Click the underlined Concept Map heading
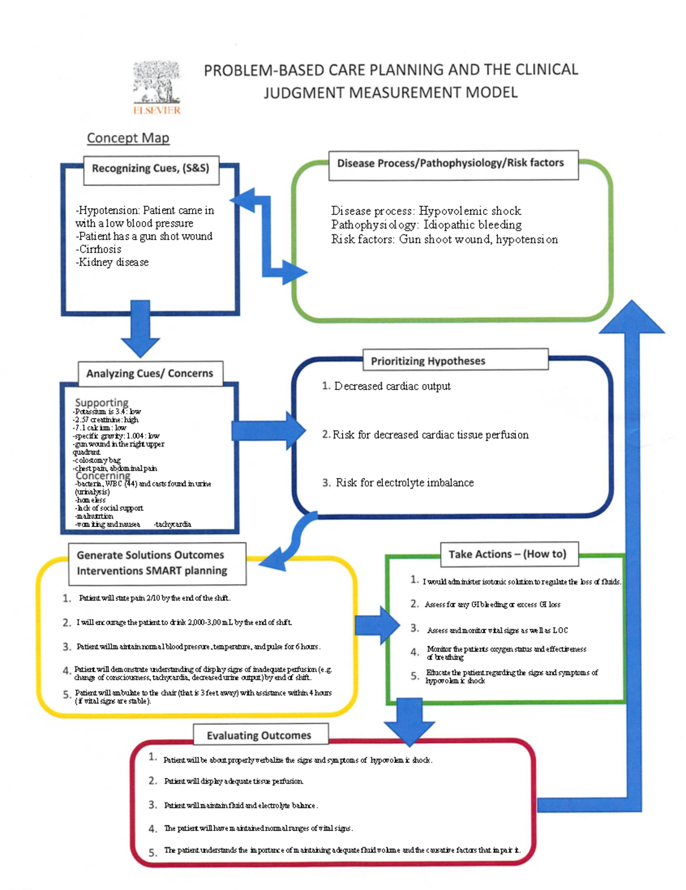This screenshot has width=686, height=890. [x=128, y=138]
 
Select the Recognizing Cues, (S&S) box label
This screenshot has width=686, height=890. [x=151, y=169]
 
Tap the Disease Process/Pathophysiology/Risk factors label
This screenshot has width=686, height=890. [x=450, y=163]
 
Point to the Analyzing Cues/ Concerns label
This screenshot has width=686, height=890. [x=150, y=373]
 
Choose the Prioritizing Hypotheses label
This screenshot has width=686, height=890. [x=428, y=361]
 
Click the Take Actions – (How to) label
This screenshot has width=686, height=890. [x=507, y=554]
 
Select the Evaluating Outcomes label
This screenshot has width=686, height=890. [x=259, y=735]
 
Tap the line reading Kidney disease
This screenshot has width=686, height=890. [x=113, y=262]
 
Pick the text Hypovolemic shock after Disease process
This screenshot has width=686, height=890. [x=470, y=211]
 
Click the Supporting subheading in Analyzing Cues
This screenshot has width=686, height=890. [x=102, y=402]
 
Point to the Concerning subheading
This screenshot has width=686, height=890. [x=103, y=476]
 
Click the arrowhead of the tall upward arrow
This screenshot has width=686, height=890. [x=632, y=318]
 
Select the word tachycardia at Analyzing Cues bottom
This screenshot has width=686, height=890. [x=173, y=524]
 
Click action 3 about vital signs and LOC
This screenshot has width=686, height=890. [x=497, y=630]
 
